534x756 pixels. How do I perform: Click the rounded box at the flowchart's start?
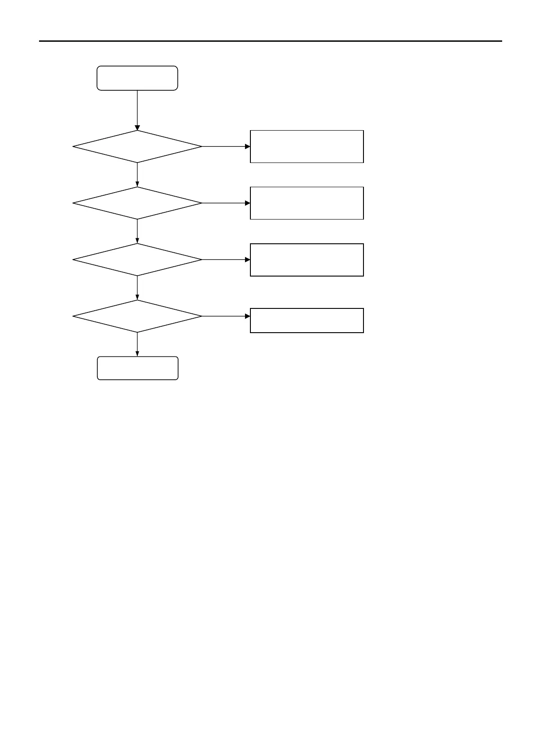(137, 78)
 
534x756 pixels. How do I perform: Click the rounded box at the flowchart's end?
(137, 368)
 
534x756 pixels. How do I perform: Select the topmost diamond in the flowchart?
(137, 146)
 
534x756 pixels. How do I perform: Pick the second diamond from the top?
(137, 203)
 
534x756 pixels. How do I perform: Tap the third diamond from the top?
(137, 259)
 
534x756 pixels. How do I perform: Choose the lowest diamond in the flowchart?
(137, 316)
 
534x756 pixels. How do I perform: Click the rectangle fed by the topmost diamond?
(306, 146)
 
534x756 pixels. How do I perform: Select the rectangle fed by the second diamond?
(306, 203)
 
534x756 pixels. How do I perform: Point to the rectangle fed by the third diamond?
(306, 259)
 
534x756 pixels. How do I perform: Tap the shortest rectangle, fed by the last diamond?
(306, 320)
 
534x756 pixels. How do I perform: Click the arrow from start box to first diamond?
(137, 110)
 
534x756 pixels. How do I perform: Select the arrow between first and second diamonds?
(137, 175)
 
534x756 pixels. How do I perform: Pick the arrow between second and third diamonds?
(137, 231)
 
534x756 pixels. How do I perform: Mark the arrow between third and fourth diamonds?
(137, 288)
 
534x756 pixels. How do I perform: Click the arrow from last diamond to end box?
(137, 344)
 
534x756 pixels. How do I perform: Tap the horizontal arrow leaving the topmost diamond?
(226, 146)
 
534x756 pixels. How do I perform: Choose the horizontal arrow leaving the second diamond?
(226, 203)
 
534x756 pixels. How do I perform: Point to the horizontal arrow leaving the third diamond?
(226, 259)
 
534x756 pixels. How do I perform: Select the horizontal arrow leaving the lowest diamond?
(226, 316)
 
